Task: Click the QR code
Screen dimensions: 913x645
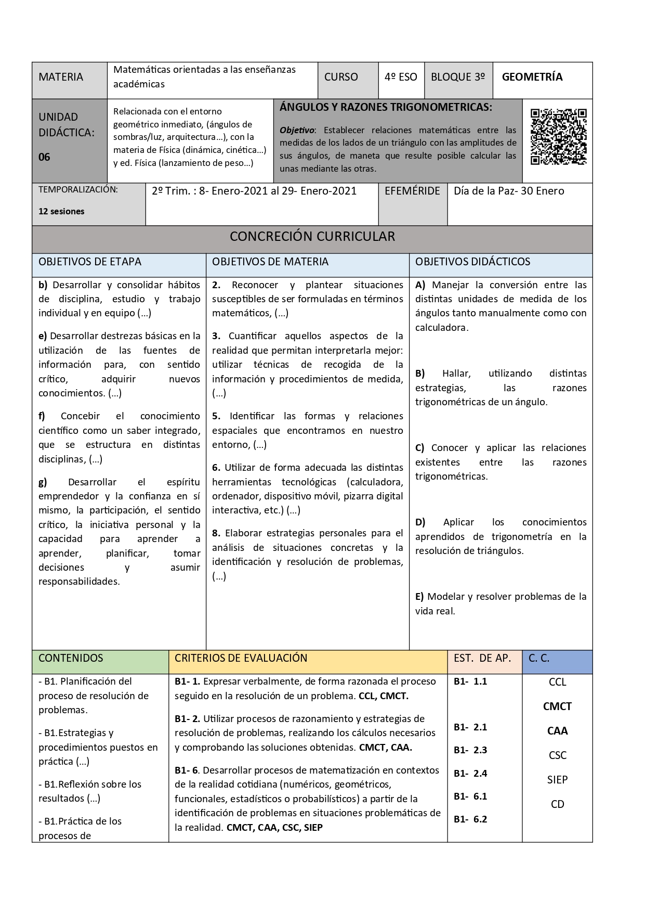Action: click(x=558, y=137)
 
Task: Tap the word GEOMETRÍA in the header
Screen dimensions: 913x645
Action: click(x=532, y=77)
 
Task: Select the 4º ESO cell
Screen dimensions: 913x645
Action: click(x=401, y=77)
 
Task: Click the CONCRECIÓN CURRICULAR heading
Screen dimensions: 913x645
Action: click(x=312, y=237)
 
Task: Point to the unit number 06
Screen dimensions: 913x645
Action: click(x=45, y=157)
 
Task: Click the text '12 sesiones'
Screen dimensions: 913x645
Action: click(x=61, y=211)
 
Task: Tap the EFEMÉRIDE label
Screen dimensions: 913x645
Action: click(x=412, y=191)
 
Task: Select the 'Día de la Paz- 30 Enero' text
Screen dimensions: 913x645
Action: click(x=508, y=191)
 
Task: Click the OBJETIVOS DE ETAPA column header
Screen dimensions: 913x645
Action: click(x=90, y=262)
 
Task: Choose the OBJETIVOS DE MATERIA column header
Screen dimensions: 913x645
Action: click(x=270, y=262)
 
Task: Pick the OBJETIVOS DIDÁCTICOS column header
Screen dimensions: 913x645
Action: click(x=472, y=262)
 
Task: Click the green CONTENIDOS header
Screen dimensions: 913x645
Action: click(x=71, y=658)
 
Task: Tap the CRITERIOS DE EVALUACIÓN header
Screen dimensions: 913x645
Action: click(x=241, y=658)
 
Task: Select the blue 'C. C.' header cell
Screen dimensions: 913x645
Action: click(x=538, y=658)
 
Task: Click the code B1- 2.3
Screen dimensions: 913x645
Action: click(x=470, y=750)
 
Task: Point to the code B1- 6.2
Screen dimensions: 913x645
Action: click(x=470, y=819)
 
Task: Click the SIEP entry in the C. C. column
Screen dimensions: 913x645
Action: click(x=557, y=780)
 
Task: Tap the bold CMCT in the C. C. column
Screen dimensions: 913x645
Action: click(x=557, y=706)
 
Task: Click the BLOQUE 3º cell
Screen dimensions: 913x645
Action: click(x=457, y=77)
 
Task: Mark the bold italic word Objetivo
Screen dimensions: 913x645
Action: click(x=297, y=131)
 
